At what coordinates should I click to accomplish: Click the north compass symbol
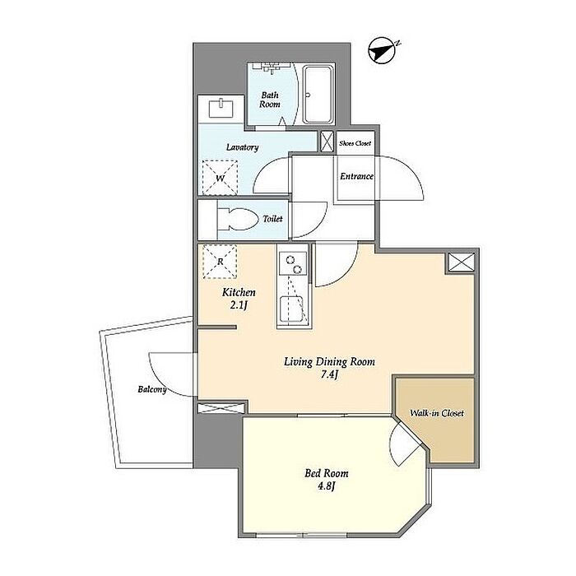(382, 50)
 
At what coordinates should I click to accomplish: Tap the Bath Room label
(270, 100)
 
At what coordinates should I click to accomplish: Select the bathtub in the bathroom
(318, 95)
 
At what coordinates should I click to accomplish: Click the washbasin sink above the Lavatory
(221, 108)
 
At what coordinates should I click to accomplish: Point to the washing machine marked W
(220, 178)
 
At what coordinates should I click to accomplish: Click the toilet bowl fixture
(237, 220)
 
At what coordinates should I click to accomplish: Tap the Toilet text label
(272, 219)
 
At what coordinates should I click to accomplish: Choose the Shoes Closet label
(355, 143)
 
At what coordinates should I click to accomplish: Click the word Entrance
(356, 176)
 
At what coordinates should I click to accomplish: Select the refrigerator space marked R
(220, 262)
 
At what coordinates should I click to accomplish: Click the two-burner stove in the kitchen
(293, 263)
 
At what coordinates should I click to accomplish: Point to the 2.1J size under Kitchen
(239, 305)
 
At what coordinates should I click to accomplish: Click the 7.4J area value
(329, 375)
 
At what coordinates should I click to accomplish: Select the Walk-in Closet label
(437, 413)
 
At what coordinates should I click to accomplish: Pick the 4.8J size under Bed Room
(327, 486)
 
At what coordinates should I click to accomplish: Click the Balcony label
(152, 389)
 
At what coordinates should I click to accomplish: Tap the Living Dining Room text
(329, 362)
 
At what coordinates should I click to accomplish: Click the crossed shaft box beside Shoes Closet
(327, 142)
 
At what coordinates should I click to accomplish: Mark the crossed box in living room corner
(461, 262)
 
